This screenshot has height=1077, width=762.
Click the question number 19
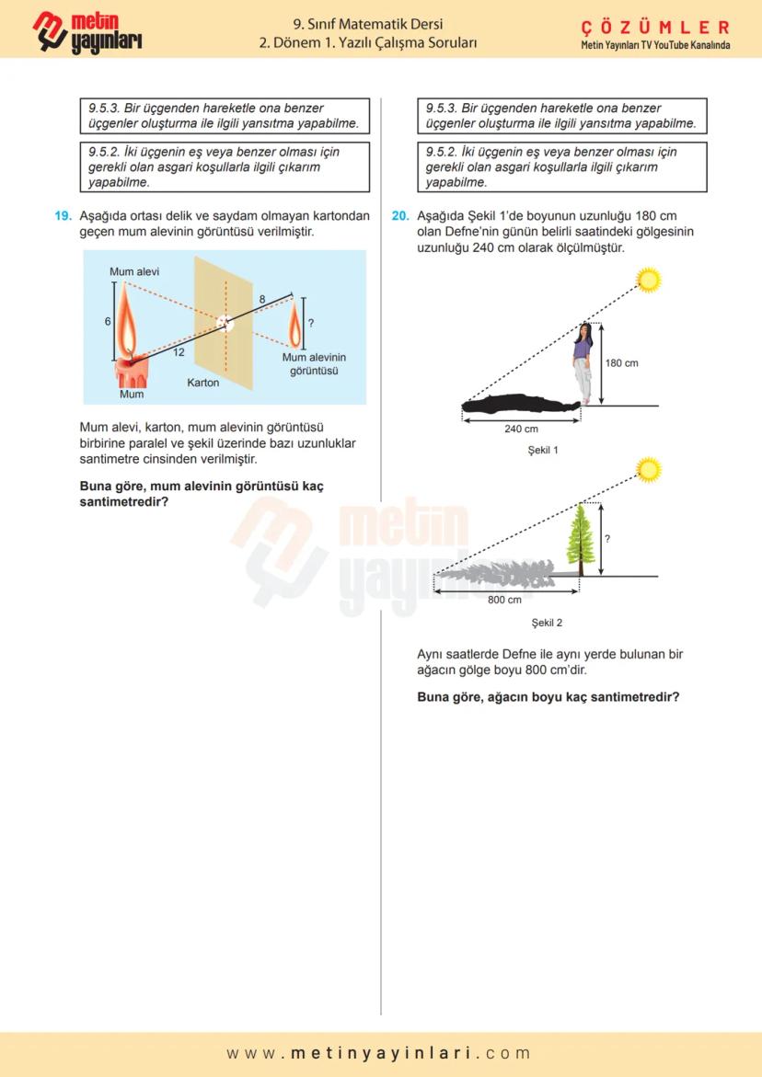click(63, 216)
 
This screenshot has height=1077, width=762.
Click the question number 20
click(399, 216)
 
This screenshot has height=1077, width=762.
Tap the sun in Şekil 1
click(650, 279)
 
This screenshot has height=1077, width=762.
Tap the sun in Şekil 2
click(650, 471)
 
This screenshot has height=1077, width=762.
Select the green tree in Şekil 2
click(581, 539)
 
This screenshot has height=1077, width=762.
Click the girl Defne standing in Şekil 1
click(583, 364)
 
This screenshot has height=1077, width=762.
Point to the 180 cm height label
click(622, 363)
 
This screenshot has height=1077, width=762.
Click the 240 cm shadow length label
click(521, 429)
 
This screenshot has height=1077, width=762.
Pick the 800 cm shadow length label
click(505, 600)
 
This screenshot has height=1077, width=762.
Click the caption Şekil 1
click(543, 451)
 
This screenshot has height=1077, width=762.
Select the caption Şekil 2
click(546, 623)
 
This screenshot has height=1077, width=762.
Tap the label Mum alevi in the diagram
click(134, 272)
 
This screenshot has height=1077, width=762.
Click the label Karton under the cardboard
click(203, 383)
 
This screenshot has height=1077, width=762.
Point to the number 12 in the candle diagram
click(179, 352)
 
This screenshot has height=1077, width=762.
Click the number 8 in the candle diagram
click(261, 300)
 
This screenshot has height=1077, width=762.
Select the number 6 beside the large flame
click(108, 321)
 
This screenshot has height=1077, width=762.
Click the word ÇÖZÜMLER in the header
click(655, 28)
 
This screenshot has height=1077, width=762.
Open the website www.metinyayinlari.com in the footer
click(379, 1053)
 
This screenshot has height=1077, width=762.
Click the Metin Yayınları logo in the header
click(87, 31)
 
